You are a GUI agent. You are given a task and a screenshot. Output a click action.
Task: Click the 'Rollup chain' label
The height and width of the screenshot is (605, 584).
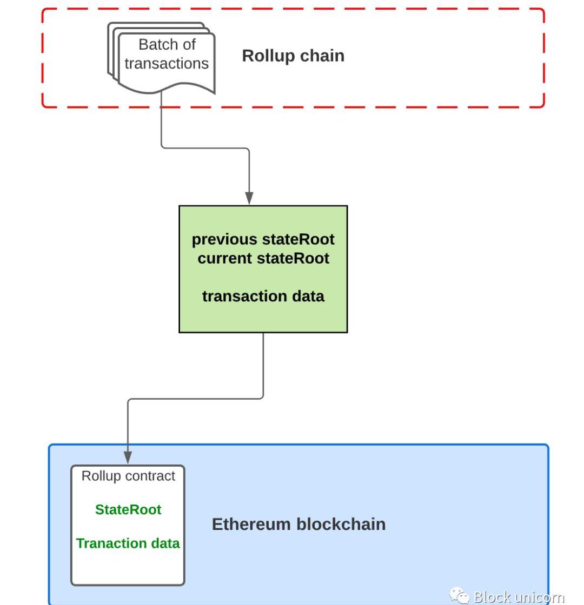click(293, 56)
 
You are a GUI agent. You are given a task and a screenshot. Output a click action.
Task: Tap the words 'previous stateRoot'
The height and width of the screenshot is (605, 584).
click(263, 239)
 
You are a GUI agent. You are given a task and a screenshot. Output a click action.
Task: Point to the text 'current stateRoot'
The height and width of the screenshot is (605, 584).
click(263, 258)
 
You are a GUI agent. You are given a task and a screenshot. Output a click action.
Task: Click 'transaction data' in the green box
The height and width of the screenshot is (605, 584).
click(263, 296)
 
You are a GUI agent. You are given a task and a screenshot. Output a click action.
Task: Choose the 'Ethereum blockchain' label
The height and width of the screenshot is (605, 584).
click(298, 524)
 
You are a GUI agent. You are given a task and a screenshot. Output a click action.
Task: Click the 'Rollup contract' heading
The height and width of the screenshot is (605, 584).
click(128, 476)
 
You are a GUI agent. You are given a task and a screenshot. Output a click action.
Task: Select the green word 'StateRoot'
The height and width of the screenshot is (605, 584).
click(128, 509)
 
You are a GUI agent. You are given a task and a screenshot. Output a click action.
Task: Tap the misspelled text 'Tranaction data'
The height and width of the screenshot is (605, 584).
click(128, 543)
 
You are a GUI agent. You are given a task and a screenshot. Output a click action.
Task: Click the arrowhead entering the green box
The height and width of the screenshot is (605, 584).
click(249, 198)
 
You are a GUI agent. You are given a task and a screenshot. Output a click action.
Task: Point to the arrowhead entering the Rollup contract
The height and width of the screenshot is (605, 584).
click(128, 458)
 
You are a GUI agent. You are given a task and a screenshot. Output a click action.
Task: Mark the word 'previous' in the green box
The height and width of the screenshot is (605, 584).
click(224, 239)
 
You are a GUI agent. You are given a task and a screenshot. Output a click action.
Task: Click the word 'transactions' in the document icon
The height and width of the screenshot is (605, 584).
click(167, 64)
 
